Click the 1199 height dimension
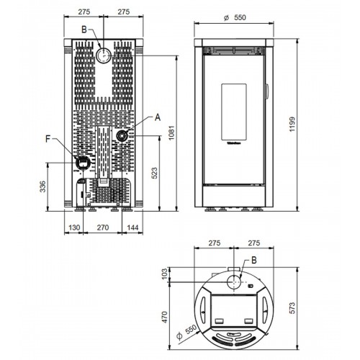point(292,124)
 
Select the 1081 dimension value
point(171,132)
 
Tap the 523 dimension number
point(155,173)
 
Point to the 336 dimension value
point(42,186)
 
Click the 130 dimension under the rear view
point(74,228)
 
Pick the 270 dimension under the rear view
point(103,228)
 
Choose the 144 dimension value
point(132,228)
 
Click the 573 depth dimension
point(292,308)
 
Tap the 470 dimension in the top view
point(165,317)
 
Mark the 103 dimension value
point(165,274)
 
